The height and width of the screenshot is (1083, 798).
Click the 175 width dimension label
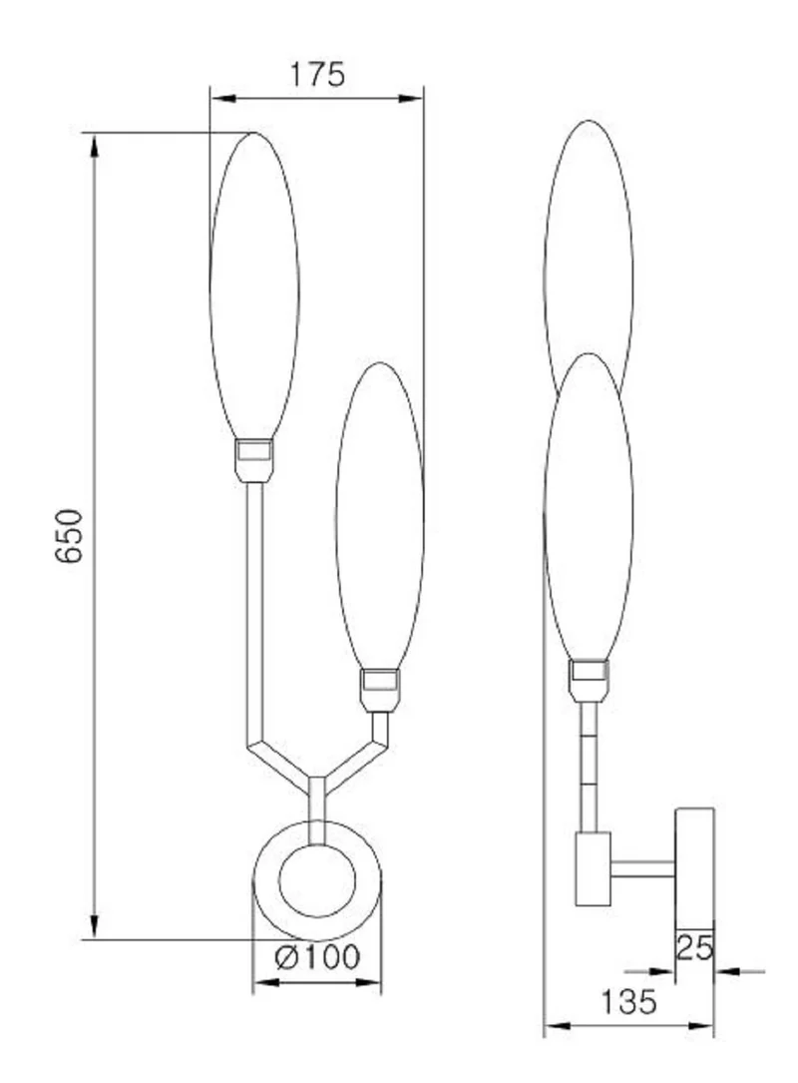[x=317, y=75]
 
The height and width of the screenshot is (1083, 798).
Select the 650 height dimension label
[x=69, y=536]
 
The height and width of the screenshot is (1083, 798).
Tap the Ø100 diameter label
[x=317, y=957]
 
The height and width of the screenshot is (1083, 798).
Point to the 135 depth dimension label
[x=628, y=1002]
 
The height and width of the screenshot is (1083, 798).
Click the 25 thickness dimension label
[x=694, y=947]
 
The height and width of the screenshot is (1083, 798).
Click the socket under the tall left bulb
[x=254, y=461]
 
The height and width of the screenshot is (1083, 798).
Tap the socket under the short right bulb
[x=380, y=691]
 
